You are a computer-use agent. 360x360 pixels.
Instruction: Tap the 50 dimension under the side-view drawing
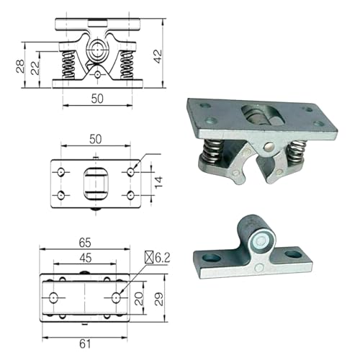point(96,98)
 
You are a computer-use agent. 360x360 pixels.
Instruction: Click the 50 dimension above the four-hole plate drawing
point(96,138)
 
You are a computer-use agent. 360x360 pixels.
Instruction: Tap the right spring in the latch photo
point(295,153)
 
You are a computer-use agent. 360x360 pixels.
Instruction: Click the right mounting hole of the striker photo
point(294,255)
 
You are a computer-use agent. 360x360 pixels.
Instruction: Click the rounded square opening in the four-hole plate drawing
point(96,184)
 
